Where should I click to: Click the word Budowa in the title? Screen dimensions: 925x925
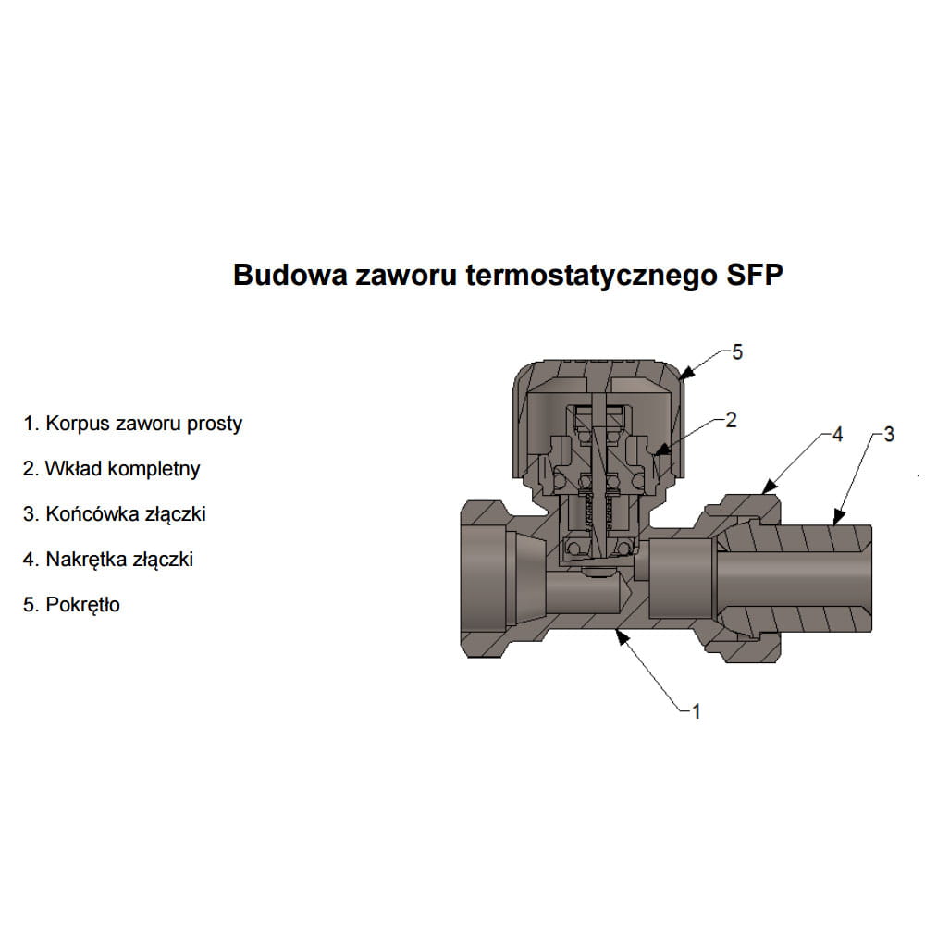(290, 275)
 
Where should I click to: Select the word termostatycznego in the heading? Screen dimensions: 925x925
(591, 276)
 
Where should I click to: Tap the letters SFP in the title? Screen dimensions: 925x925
(755, 275)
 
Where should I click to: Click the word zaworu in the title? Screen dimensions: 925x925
(406, 276)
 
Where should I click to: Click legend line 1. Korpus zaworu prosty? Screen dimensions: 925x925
(132, 425)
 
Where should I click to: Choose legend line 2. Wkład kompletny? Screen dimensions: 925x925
(112, 469)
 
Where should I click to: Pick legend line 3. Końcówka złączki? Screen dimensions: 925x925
(115, 514)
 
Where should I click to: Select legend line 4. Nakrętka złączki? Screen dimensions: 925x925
(108, 560)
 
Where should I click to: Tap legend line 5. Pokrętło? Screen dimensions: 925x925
(71, 605)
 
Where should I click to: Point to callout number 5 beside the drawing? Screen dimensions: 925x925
(737, 352)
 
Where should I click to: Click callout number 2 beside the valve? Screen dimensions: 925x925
(732, 420)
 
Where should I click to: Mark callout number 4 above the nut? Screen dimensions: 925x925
(838, 435)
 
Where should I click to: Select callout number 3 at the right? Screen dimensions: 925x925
(890, 435)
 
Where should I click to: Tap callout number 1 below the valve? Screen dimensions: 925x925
(697, 711)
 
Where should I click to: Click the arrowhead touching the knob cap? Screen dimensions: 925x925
(686, 373)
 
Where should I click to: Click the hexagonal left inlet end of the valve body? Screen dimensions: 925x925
(485, 579)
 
